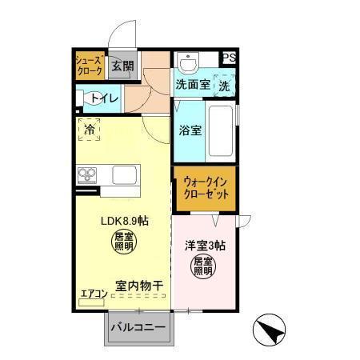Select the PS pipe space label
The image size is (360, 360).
point(230,57)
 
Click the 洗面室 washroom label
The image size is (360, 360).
point(193,85)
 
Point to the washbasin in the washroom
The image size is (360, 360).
point(189,62)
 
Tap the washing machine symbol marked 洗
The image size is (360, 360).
point(225,85)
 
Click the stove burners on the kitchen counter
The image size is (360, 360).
point(87,174)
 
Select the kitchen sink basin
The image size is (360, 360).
point(126,174)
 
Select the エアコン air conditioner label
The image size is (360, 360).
point(94,294)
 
